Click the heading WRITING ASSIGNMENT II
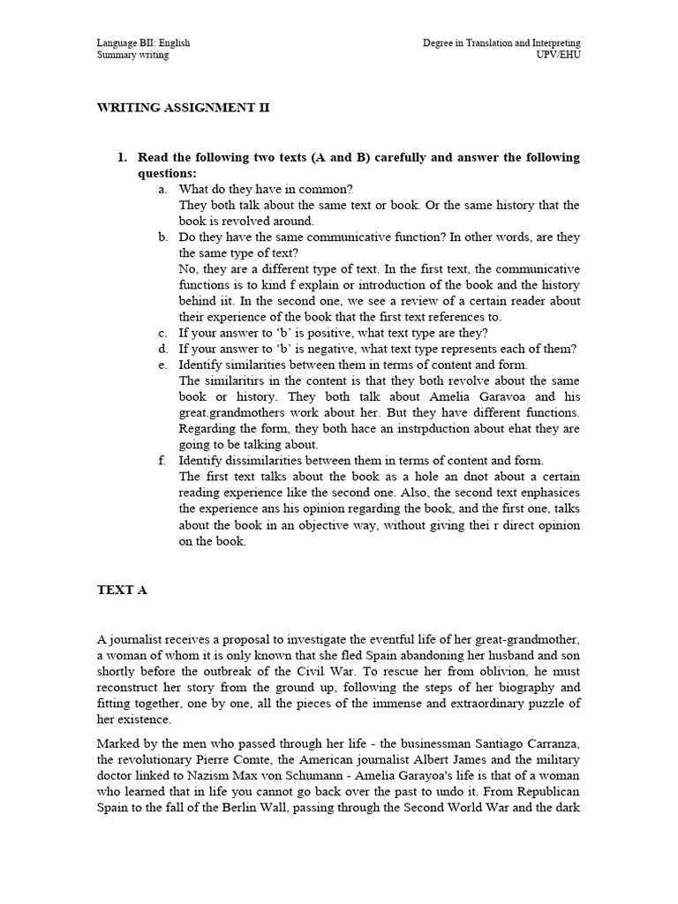click(x=182, y=108)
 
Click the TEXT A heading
click(x=122, y=591)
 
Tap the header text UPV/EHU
click(x=560, y=55)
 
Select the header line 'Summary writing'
click(x=132, y=55)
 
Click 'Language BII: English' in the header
click(x=143, y=42)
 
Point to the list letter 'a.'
click(x=163, y=189)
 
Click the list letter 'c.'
click(x=163, y=332)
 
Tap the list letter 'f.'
click(x=163, y=460)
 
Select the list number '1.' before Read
click(x=123, y=157)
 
